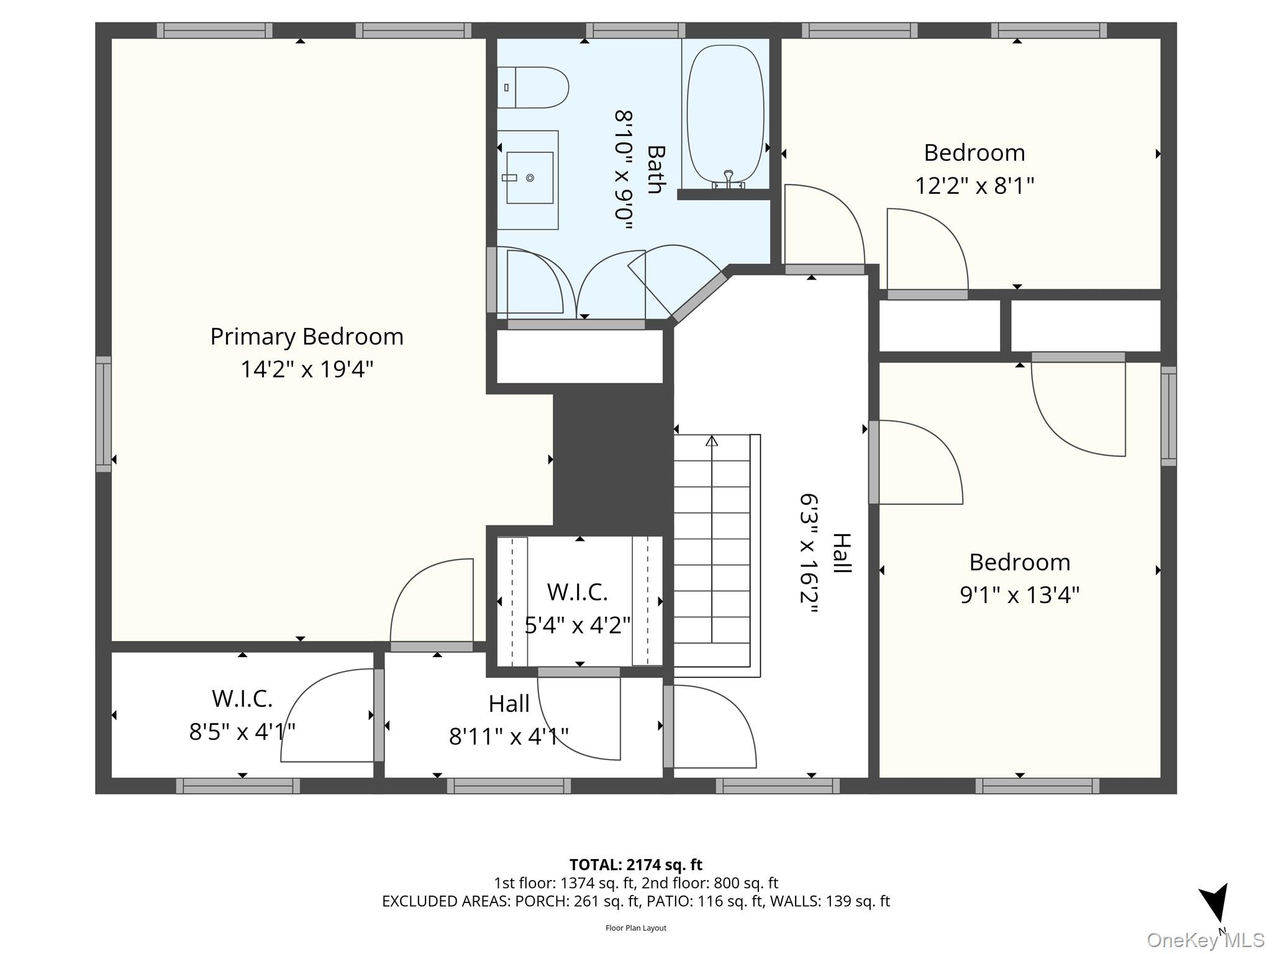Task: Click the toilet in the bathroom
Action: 534,88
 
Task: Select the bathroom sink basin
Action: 530,178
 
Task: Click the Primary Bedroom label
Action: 307,337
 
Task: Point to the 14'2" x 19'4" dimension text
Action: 307,370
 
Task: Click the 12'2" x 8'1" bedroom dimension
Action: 974,186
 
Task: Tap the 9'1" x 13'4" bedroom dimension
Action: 1019,595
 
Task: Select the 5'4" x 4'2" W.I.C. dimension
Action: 578,625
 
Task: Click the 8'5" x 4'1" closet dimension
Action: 242,732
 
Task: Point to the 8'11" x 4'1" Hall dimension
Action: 509,737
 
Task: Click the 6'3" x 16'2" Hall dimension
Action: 809,553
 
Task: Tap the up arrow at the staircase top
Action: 712,441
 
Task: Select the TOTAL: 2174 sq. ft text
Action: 635,865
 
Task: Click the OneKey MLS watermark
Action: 1205,940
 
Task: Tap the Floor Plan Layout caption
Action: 635,928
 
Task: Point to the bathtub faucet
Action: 729,180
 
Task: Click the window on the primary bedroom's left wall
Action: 103,414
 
